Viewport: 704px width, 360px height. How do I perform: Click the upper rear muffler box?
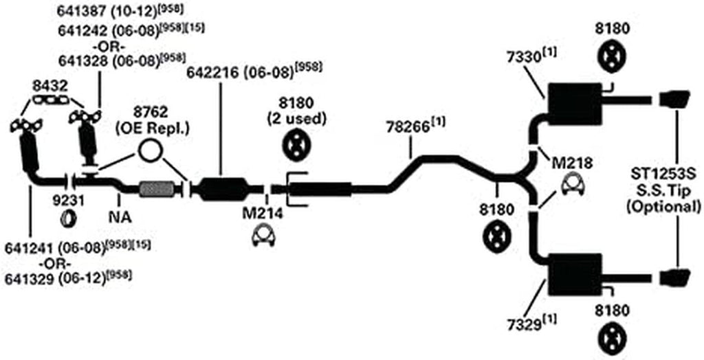click(573, 98)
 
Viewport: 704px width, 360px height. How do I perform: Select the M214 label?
click(260, 213)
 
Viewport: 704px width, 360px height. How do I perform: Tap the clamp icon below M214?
click(261, 237)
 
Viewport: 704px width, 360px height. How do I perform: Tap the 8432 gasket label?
click(50, 87)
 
